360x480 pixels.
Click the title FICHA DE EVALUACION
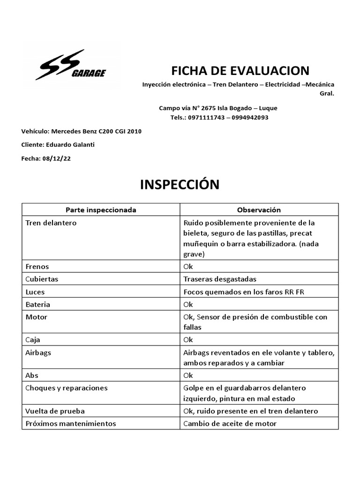(240, 71)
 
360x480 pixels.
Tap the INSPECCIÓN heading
(180, 184)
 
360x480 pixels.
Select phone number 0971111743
(204, 118)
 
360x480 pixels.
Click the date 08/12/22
(57, 158)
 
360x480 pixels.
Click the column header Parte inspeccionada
(101, 210)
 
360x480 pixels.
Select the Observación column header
(259, 210)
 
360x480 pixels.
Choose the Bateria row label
(38, 304)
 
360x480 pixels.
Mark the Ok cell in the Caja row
(188, 339)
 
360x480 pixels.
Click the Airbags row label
(37, 352)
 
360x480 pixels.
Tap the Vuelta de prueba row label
(55, 411)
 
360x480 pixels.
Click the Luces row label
(35, 292)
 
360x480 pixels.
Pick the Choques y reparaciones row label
(67, 388)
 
